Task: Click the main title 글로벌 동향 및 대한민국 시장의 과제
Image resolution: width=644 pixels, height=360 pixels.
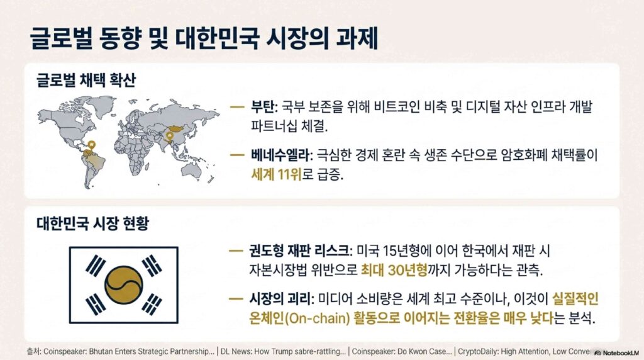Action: (204, 39)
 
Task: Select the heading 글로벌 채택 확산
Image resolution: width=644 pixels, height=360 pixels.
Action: (86, 80)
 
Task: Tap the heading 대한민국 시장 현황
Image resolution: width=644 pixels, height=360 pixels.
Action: (92, 223)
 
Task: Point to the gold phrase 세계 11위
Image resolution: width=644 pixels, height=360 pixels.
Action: (276, 175)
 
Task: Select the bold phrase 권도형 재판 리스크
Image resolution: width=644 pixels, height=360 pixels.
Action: (299, 250)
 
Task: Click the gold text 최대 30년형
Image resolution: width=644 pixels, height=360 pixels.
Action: (394, 270)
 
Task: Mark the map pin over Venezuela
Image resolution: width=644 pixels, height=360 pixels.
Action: (92, 145)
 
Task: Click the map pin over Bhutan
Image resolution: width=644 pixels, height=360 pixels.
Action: (169, 136)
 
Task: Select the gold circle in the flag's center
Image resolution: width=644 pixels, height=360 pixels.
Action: (124, 285)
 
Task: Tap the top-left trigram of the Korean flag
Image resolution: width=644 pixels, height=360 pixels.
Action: (96, 265)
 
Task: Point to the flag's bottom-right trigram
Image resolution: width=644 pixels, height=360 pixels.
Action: (152, 305)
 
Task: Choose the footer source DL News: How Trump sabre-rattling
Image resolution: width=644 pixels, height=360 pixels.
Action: (283, 352)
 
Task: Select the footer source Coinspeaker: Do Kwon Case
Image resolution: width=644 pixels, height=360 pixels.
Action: (402, 352)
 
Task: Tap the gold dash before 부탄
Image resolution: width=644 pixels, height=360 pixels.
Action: (237, 108)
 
